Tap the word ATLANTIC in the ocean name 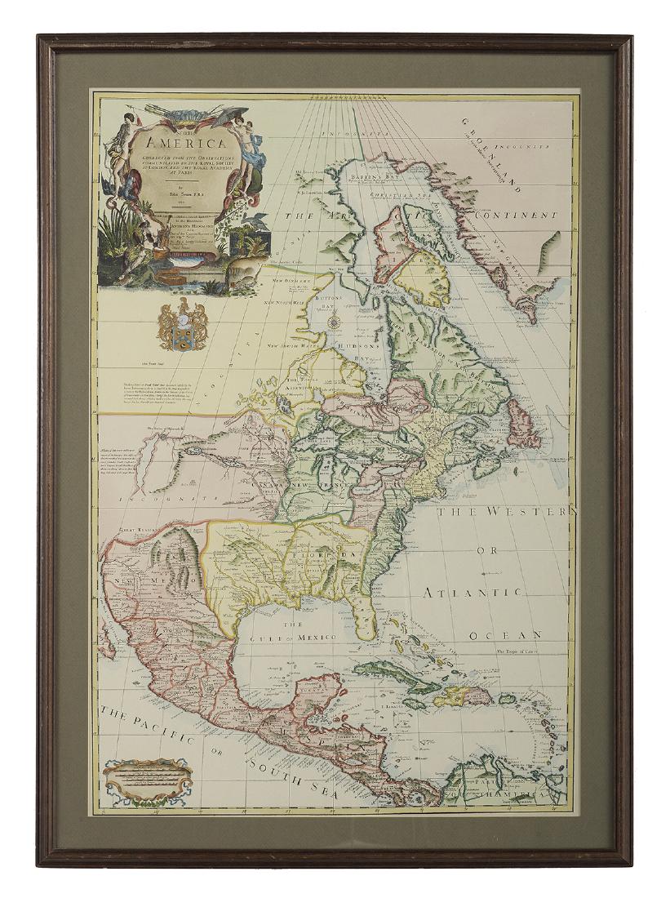coord(478,591)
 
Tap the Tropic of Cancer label coord(522,651)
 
